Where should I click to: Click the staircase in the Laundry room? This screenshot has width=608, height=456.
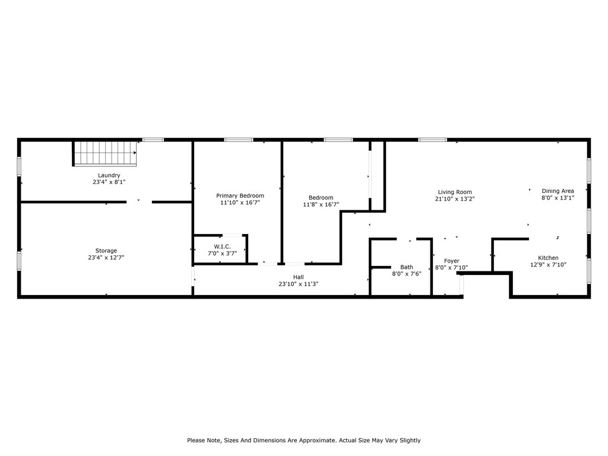click(105, 153)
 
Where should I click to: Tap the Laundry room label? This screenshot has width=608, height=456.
click(109, 175)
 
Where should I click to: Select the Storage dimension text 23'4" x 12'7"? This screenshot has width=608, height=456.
click(106, 258)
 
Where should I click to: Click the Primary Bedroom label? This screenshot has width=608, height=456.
click(240, 195)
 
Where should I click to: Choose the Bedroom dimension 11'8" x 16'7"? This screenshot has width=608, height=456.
click(321, 205)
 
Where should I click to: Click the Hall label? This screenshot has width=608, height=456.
click(298, 277)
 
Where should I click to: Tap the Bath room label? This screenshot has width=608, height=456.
click(406, 267)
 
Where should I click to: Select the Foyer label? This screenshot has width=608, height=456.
click(451, 261)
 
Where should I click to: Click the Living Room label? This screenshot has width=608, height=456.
click(455, 192)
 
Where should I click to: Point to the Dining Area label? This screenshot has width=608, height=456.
click(558, 191)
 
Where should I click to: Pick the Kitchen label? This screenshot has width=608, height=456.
click(548, 258)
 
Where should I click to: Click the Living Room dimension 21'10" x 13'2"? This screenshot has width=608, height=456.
click(455, 199)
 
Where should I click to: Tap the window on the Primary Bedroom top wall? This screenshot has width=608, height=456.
click(238, 140)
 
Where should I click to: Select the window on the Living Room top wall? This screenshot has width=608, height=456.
click(432, 140)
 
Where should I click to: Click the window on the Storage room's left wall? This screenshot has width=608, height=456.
click(19, 261)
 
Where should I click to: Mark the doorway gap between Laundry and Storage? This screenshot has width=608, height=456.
click(139, 202)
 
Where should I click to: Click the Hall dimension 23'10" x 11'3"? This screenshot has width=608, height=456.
click(298, 284)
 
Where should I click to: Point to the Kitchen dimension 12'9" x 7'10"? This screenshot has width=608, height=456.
click(548, 265)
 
